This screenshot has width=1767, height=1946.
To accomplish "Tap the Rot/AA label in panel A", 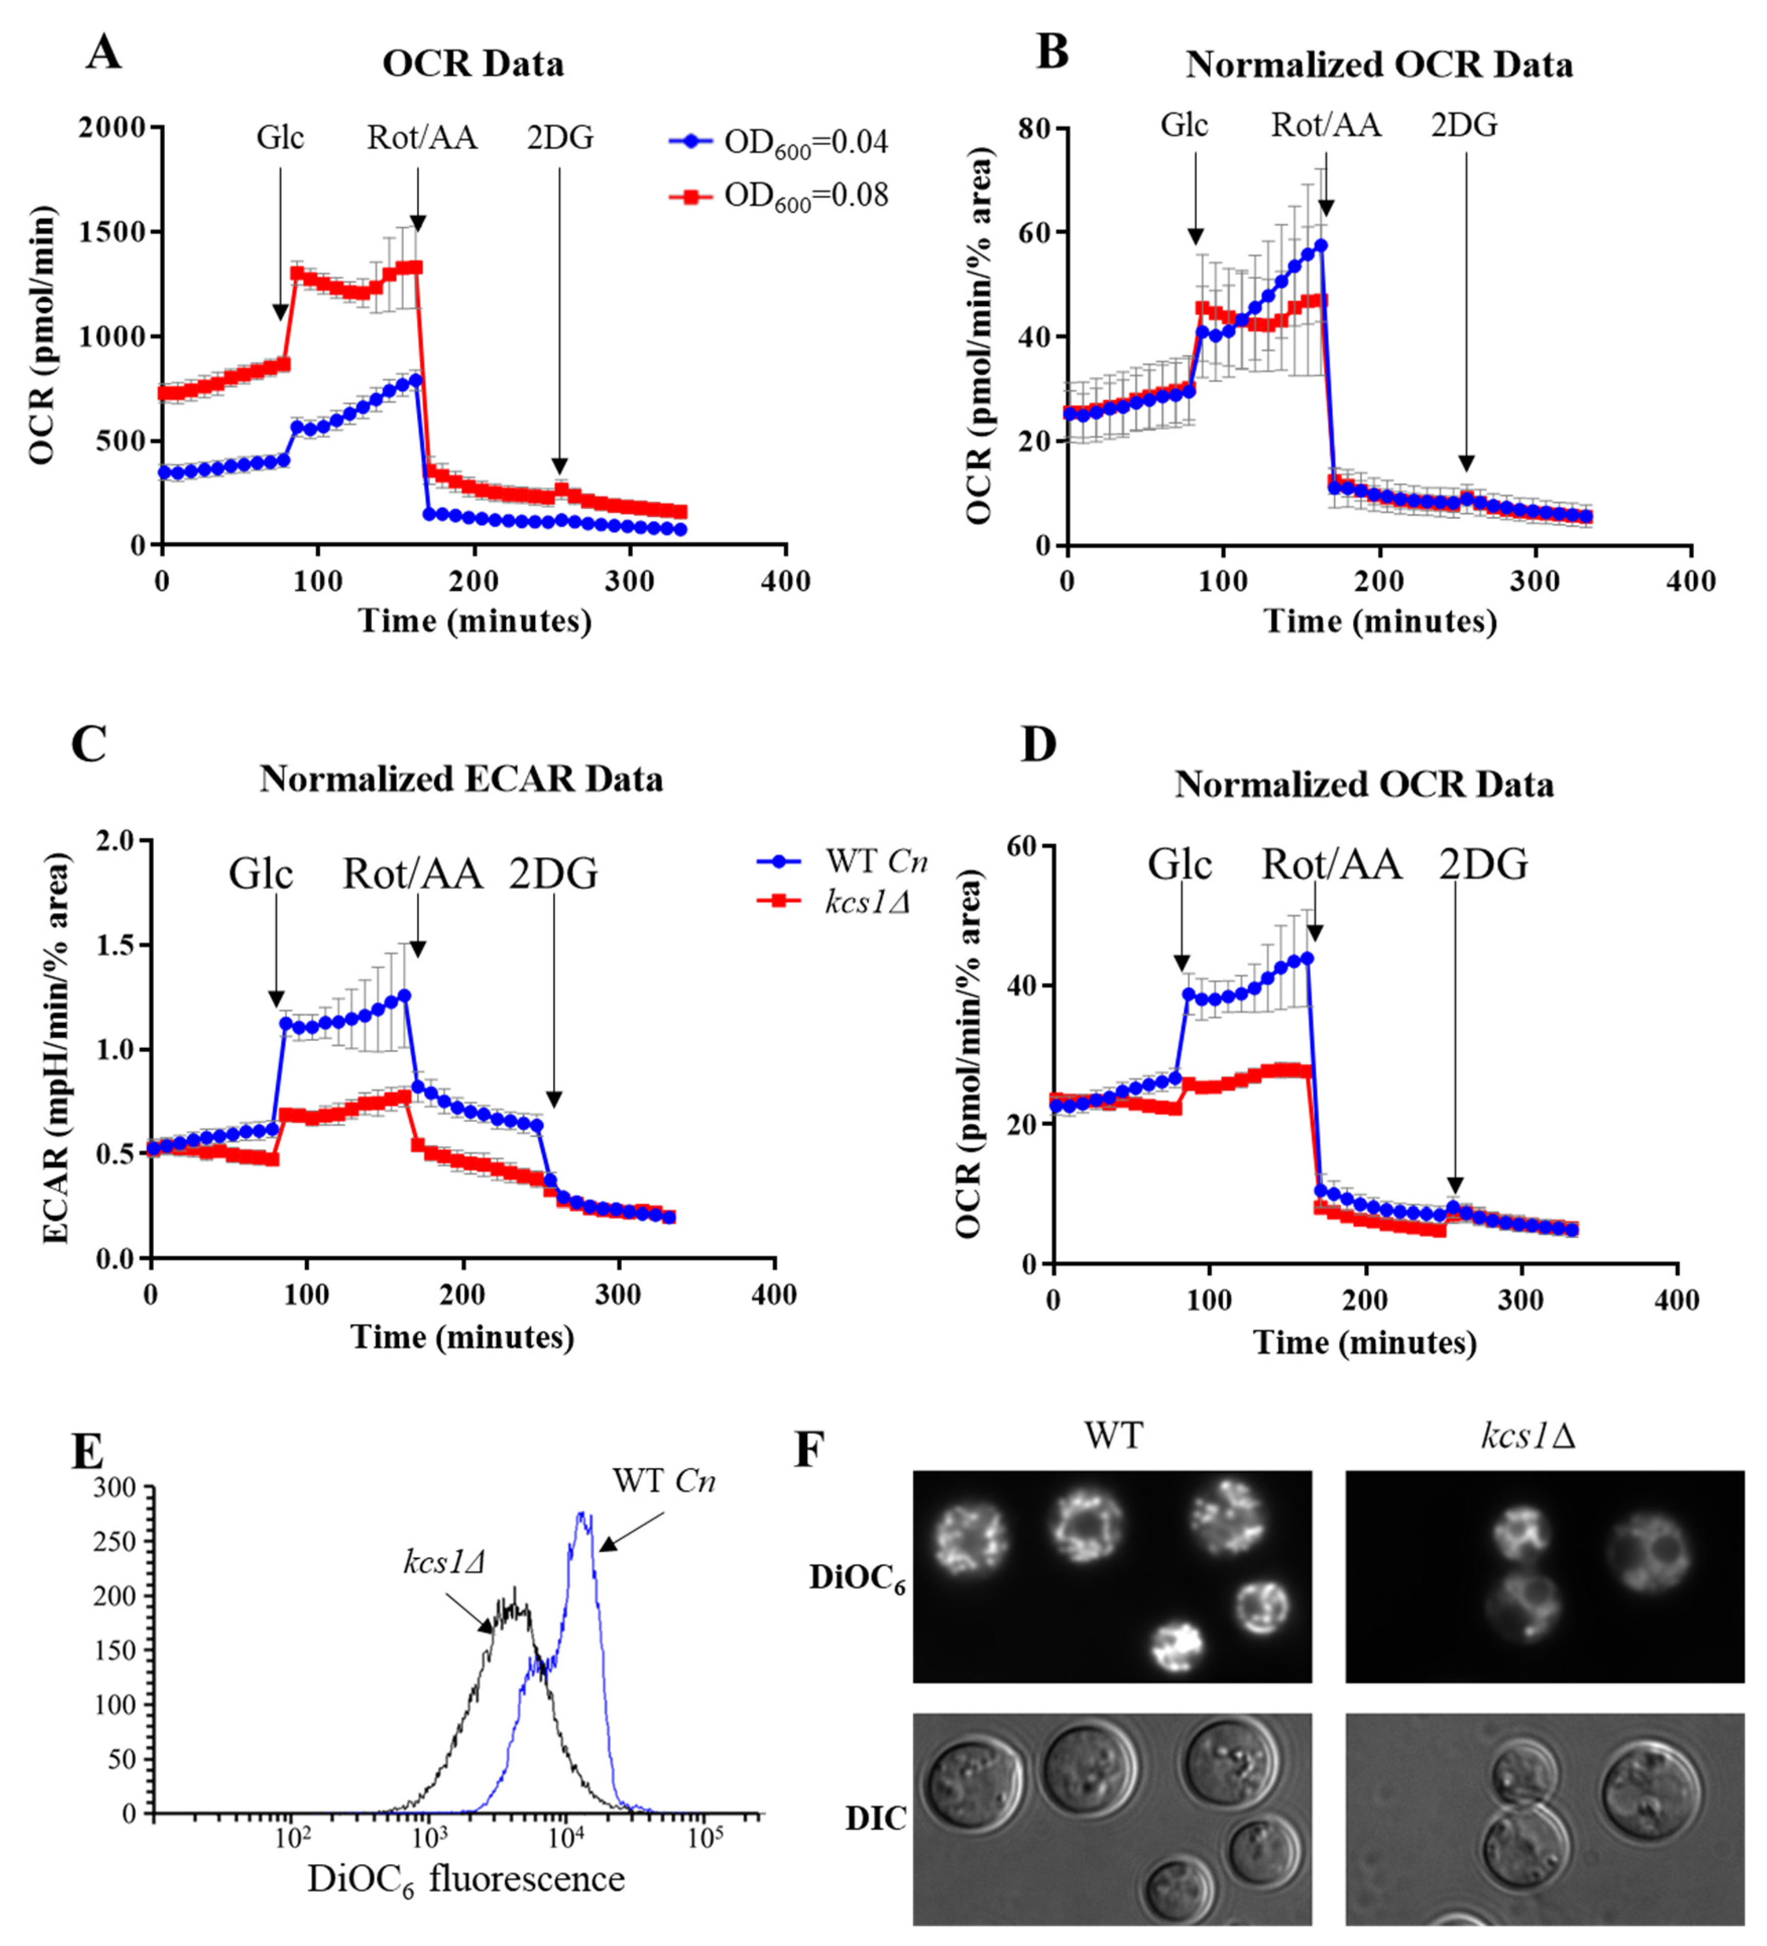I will click(422, 138).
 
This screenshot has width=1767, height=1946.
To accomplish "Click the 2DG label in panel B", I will click(1464, 126).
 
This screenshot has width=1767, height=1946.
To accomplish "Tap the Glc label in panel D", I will click(1180, 865).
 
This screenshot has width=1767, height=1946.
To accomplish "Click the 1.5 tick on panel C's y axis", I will click(117, 945).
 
